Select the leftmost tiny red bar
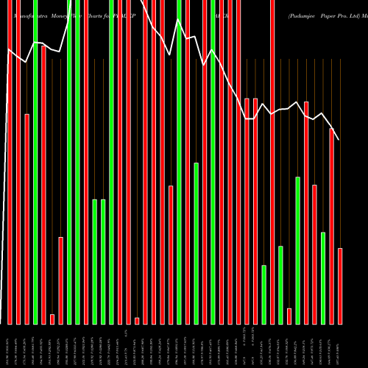(x=52, y=319)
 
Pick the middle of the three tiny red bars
(x=137, y=320)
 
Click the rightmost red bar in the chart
(x=340, y=286)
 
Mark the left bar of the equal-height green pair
(x=95, y=261)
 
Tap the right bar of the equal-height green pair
(x=103, y=261)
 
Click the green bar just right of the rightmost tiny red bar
(x=298, y=250)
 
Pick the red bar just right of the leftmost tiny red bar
(x=61, y=280)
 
